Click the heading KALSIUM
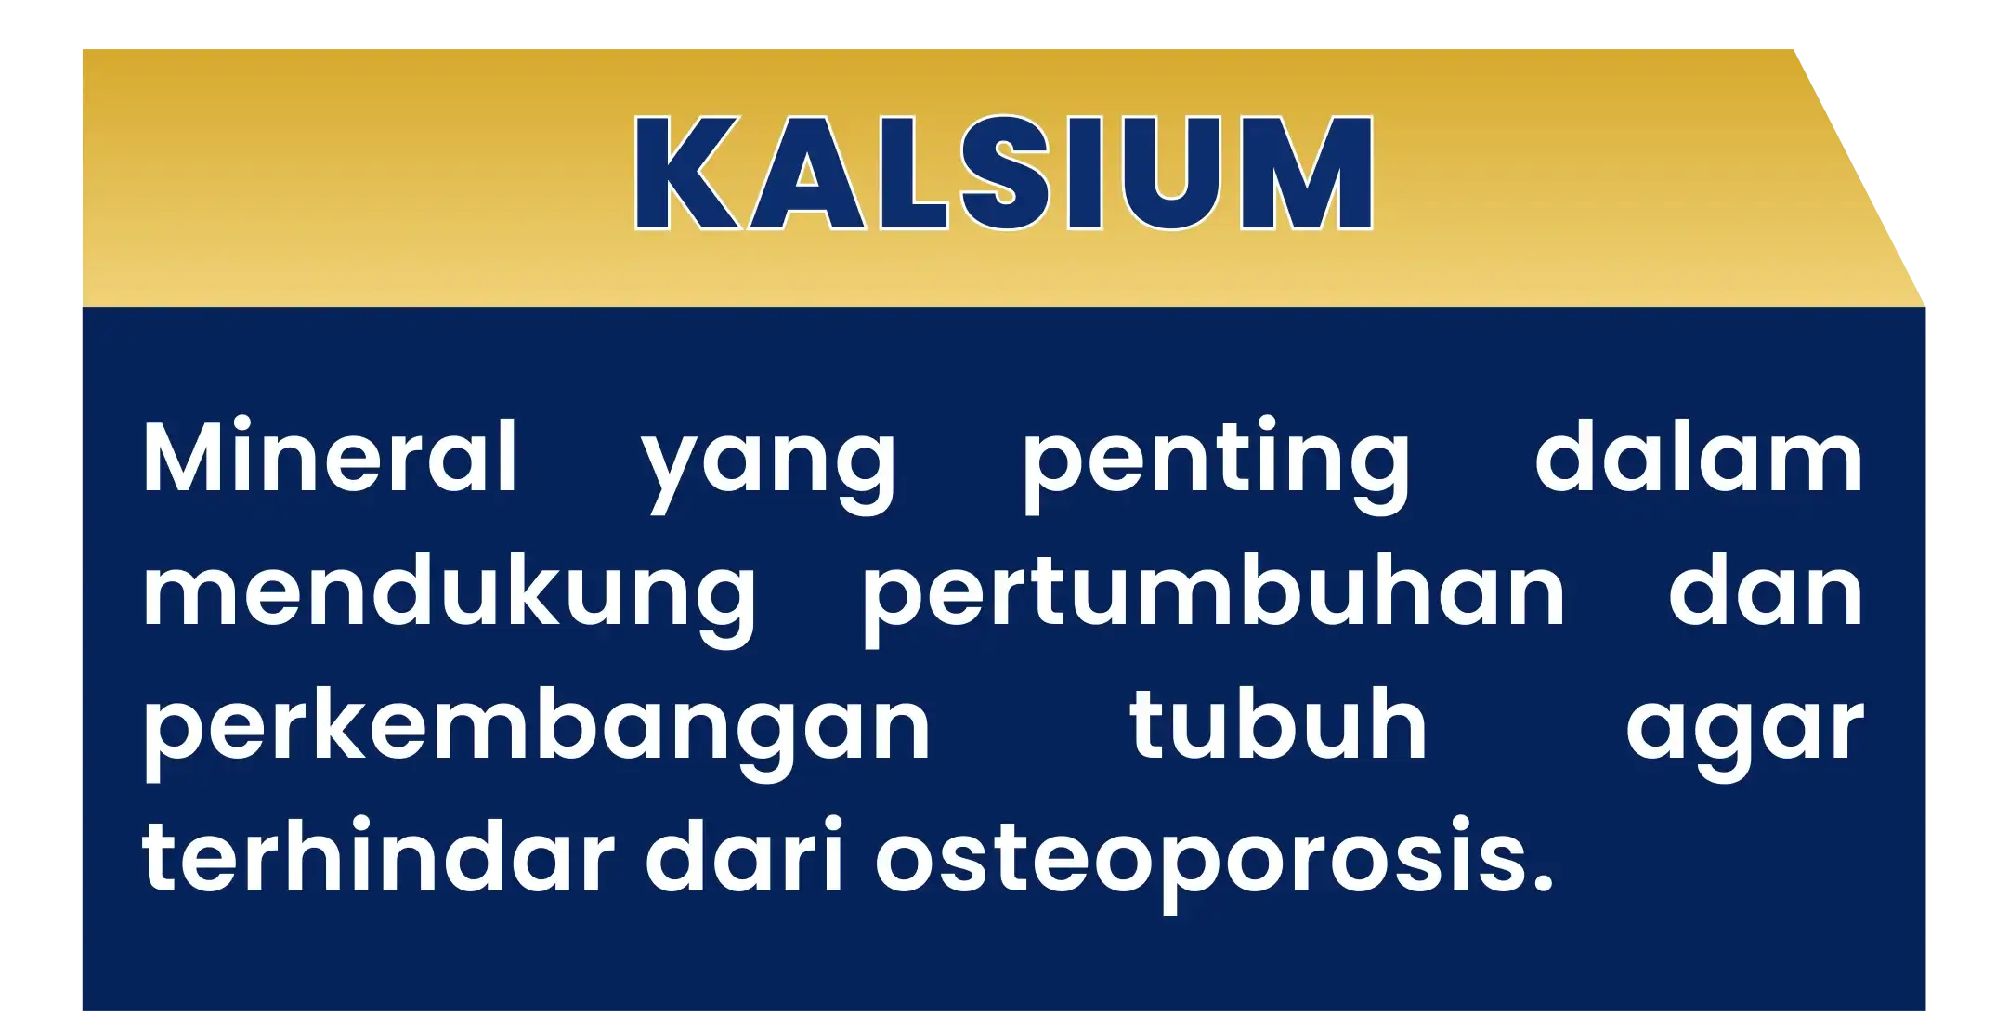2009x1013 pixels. point(1003,172)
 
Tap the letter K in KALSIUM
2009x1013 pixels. point(687,173)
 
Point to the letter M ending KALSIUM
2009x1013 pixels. point(1307,173)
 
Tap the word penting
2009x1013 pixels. point(1215,464)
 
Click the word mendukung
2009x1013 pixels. point(450,599)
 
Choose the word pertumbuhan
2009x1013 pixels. point(1214,599)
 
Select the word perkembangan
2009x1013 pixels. point(537,733)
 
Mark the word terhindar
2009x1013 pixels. point(378,855)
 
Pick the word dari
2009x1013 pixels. point(745,855)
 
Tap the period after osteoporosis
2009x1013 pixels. point(1543,883)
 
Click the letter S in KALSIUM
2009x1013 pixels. point(1006,173)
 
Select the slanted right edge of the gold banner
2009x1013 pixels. point(1859,178)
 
